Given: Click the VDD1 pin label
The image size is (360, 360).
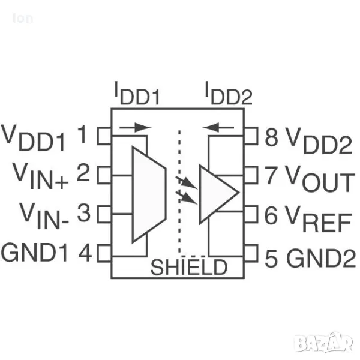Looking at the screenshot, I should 33,139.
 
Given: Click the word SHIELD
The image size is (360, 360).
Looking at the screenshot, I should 188,268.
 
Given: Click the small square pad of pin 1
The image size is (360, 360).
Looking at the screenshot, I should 104,136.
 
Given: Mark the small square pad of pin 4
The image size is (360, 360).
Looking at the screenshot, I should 104,253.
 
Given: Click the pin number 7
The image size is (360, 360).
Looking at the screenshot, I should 271,176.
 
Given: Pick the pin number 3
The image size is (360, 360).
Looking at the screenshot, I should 84,214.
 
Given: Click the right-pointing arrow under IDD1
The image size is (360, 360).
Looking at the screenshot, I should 136,127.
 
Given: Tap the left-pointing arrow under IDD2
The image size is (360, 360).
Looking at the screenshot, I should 218,127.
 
